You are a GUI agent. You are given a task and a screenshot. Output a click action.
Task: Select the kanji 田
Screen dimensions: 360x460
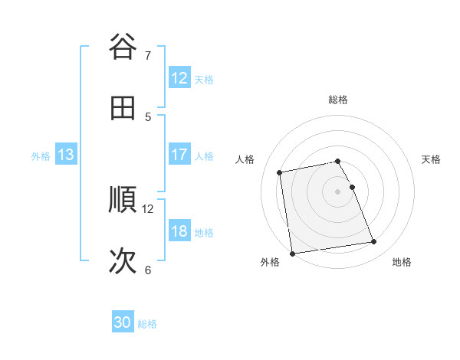[x=123, y=108]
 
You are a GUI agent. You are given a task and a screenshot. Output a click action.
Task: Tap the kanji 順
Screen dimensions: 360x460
[x=123, y=200]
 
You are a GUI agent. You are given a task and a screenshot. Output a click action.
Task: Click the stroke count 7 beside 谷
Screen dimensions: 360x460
[x=148, y=55]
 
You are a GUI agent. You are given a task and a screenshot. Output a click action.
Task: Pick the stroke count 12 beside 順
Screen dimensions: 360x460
[x=148, y=208]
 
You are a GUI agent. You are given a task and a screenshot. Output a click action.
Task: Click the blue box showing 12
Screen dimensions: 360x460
[x=179, y=78]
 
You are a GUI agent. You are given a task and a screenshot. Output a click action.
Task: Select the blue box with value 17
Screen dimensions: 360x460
[x=179, y=155]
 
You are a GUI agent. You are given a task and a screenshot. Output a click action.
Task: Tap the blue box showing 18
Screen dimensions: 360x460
[x=179, y=231]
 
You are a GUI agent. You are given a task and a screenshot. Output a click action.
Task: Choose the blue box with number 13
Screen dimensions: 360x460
[x=66, y=155]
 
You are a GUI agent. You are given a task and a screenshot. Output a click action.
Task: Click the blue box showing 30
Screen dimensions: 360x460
[x=123, y=322]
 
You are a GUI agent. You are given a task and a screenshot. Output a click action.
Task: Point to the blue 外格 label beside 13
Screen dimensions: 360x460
[x=41, y=155]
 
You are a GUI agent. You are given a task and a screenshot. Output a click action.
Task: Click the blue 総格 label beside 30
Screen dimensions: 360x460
[x=147, y=323]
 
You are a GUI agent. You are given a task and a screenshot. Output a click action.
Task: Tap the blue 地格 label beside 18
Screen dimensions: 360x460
[x=204, y=232]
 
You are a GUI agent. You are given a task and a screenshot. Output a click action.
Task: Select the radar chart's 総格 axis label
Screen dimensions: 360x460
[x=338, y=100]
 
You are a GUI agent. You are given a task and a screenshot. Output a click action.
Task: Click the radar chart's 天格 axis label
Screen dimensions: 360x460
[x=432, y=159]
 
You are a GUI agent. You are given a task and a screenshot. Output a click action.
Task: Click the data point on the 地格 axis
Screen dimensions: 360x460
[x=374, y=242]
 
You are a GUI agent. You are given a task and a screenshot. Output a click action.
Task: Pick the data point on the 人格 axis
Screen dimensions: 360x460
[x=280, y=172]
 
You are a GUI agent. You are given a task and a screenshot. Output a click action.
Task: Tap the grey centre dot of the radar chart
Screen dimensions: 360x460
[x=338, y=191]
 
